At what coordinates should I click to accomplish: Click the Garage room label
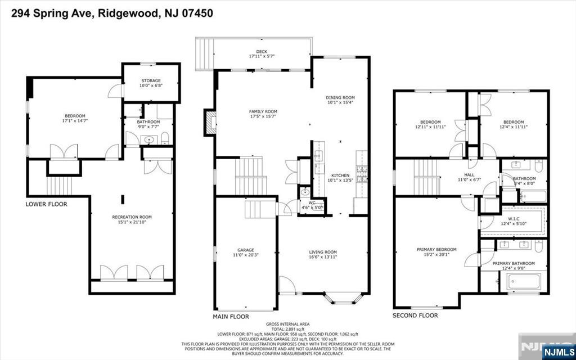(x=245, y=250)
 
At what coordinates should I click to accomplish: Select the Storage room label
(x=151, y=80)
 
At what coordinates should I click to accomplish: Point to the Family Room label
(x=263, y=111)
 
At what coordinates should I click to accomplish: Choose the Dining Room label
(x=341, y=97)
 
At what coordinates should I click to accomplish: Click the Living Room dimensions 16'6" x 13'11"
(x=322, y=257)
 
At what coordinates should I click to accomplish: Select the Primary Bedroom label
(x=436, y=249)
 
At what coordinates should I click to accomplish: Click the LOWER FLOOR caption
(x=47, y=204)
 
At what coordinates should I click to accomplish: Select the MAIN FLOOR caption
(x=231, y=317)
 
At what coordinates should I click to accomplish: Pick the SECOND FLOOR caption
(x=415, y=316)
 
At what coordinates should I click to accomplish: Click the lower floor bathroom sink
(x=149, y=139)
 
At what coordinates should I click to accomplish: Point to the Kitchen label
(x=340, y=175)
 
